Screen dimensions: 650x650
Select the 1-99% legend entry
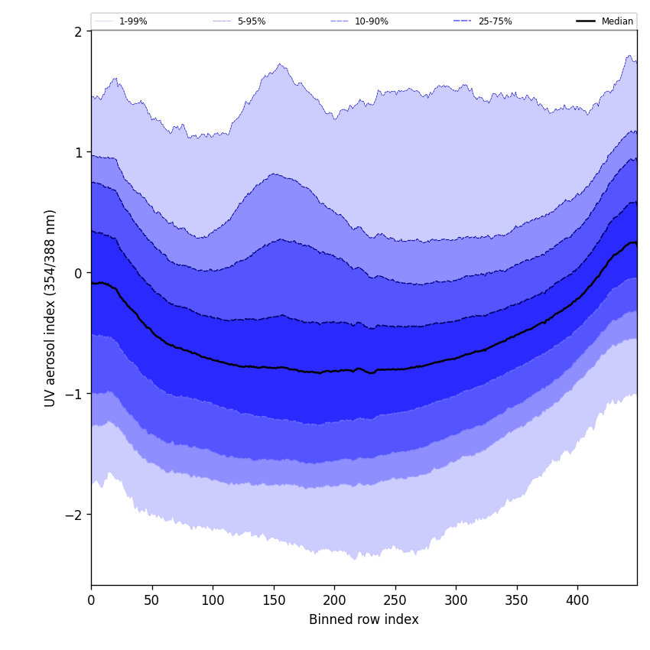click(x=133, y=21)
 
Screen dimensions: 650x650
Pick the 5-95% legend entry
click(x=251, y=21)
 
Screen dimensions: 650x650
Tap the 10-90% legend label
click(x=371, y=21)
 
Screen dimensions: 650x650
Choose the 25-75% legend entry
click(x=495, y=21)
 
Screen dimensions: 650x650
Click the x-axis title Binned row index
click(x=364, y=619)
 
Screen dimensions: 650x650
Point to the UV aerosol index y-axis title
click(x=50, y=307)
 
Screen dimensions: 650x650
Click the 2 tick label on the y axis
click(x=78, y=31)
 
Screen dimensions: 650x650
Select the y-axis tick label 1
click(x=78, y=152)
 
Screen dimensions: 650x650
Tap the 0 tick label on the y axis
click(x=78, y=273)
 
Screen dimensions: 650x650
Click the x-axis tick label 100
click(x=213, y=600)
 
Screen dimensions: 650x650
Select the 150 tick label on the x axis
click(x=274, y=600)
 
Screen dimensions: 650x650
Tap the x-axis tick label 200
click(x=334, y=600)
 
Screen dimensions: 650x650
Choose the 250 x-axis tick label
click(x=395, y=600)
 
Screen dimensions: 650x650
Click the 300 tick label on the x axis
click(x=456, y=600)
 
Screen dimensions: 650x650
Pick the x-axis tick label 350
click(x=517, y=600)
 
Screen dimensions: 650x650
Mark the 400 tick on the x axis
click(x=577, y=600)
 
